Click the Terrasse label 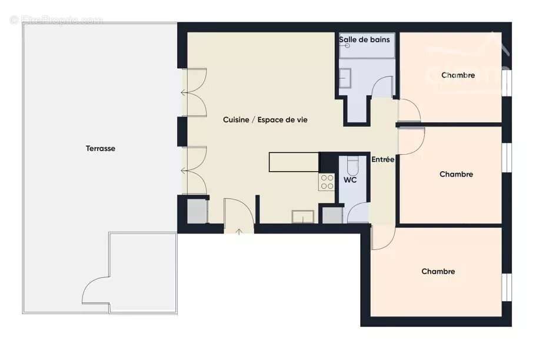101,149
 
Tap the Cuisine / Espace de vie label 265,120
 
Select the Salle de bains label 364,40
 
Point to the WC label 350,180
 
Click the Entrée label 382,159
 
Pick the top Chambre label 458,75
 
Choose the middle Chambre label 456,174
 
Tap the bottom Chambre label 438,272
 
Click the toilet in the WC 352,163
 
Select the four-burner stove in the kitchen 327,182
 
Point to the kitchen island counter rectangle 294,162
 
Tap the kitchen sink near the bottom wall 303,216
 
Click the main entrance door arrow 239,231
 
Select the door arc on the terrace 94,291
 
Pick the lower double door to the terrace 194,171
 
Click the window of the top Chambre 507,82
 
